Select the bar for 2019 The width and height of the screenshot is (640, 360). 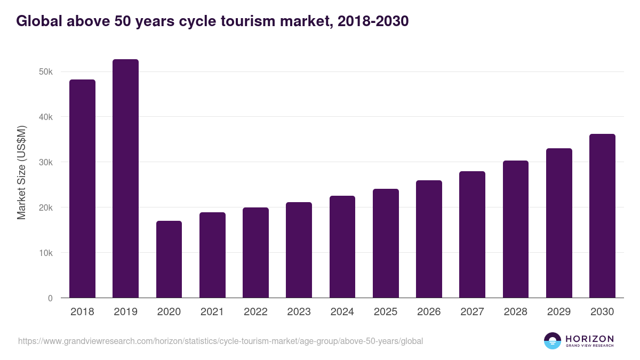coord(125,179)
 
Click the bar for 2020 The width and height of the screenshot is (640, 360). coord(169,259)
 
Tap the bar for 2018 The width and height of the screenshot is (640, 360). coord(82,189)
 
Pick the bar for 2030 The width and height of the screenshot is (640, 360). coord(602,216)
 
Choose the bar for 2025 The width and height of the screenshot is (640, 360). coord(386,243)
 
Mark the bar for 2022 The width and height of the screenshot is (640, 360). coord(255,253)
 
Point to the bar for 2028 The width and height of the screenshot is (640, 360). coord(515,229)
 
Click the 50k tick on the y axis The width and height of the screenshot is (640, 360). coord(46,72)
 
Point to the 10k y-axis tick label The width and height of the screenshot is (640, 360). coord(46,253)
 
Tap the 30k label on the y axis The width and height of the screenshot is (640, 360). coord(46,162)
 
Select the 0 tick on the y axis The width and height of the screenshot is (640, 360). coord(50,298)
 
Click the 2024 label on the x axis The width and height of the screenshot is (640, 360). coord(342,312)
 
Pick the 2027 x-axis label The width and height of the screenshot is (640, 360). coord(472,312)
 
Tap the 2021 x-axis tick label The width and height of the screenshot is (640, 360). coord(212,312)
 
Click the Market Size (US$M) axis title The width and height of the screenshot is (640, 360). coord(21,173)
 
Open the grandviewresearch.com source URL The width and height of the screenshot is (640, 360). coord(220,341)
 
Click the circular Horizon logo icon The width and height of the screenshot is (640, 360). coord(553,341)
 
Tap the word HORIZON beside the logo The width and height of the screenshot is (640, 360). coord(589,339)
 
